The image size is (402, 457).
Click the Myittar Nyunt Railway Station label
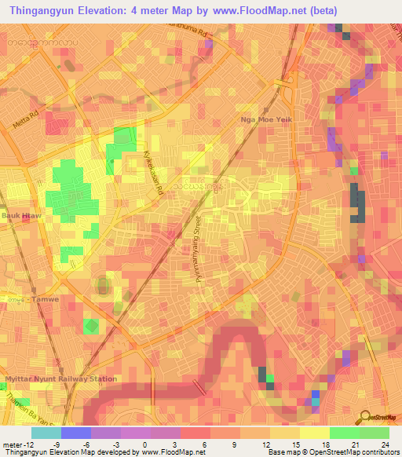pos(61,379)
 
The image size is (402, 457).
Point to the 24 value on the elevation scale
pos(385,444)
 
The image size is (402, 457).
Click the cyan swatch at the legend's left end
pos(46,433)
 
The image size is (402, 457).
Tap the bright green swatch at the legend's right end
pos(374,433)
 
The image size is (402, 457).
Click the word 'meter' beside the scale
pos(11,444)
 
